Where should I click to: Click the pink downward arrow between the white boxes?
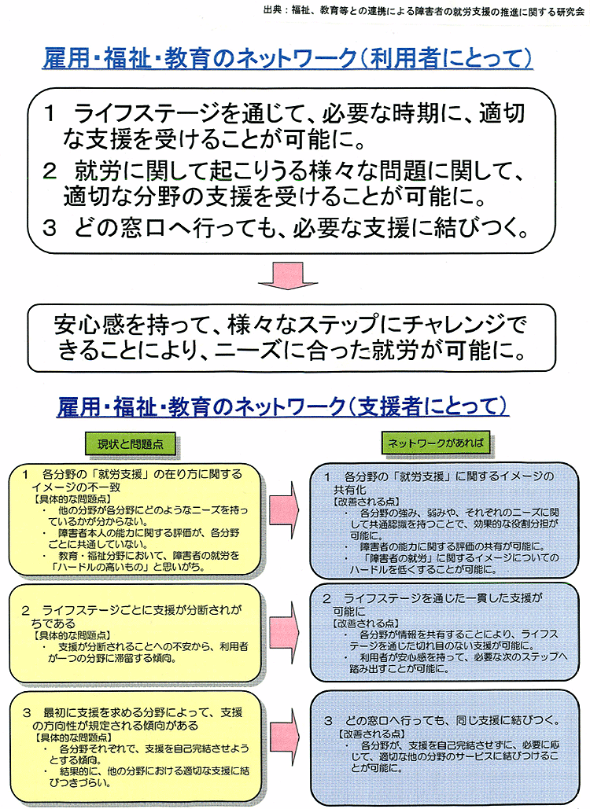pos(288,276)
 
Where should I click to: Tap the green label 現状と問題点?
pos(130,444)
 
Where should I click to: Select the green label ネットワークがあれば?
pos(436,443)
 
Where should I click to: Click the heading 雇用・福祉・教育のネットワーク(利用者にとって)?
pos(287,58)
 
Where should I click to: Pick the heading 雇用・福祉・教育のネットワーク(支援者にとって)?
pos(283,406)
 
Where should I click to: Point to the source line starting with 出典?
pos(424,9)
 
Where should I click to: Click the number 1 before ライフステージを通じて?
pos(50,114)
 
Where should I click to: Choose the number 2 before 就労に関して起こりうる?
pos(50,171)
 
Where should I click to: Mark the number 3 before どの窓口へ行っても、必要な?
pos(50,227)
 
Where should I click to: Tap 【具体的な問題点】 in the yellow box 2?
pos(72,635)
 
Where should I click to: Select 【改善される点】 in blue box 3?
pos(371,734)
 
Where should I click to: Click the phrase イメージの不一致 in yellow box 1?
pos(76,487)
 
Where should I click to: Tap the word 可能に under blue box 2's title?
pos(349,612)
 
